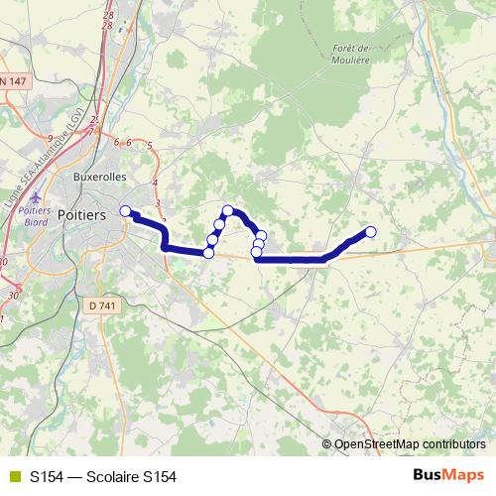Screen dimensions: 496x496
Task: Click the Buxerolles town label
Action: tap(101, 178)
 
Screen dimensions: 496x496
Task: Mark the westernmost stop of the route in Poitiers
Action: tap(125, 210)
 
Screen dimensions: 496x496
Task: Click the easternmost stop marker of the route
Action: tap(371, 232)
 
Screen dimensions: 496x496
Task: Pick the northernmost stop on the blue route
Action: tap(228, 210)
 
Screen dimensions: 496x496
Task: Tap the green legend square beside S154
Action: tap(13, 476)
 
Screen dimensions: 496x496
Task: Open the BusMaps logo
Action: tap(448, 475)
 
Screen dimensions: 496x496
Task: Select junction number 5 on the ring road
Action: tap(149, 147)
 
